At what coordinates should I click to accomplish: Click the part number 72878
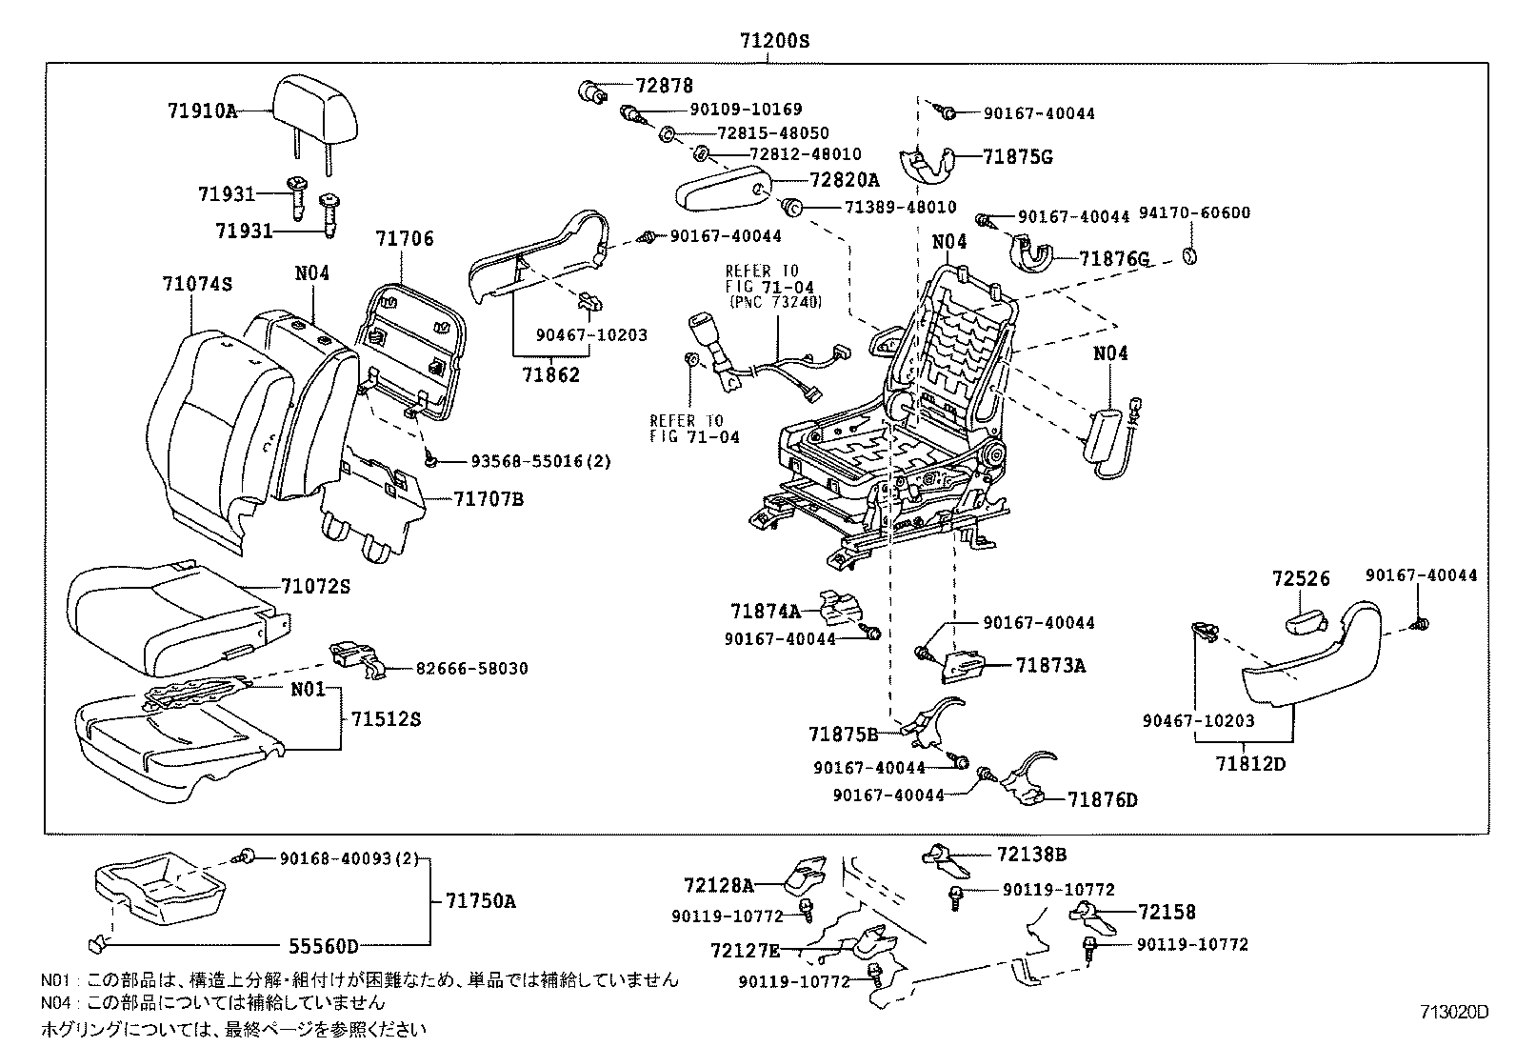coord(664,86)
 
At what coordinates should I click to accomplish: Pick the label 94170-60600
coord(1205,212)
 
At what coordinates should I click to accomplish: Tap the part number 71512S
coord(385,718)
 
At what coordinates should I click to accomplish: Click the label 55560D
coord(323,946)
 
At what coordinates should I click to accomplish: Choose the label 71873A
coord(1049,665)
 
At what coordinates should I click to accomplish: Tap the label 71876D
coord(1102,799)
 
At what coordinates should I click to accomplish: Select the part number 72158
coord(1167,912)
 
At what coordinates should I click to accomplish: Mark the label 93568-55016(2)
coord(541,461)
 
